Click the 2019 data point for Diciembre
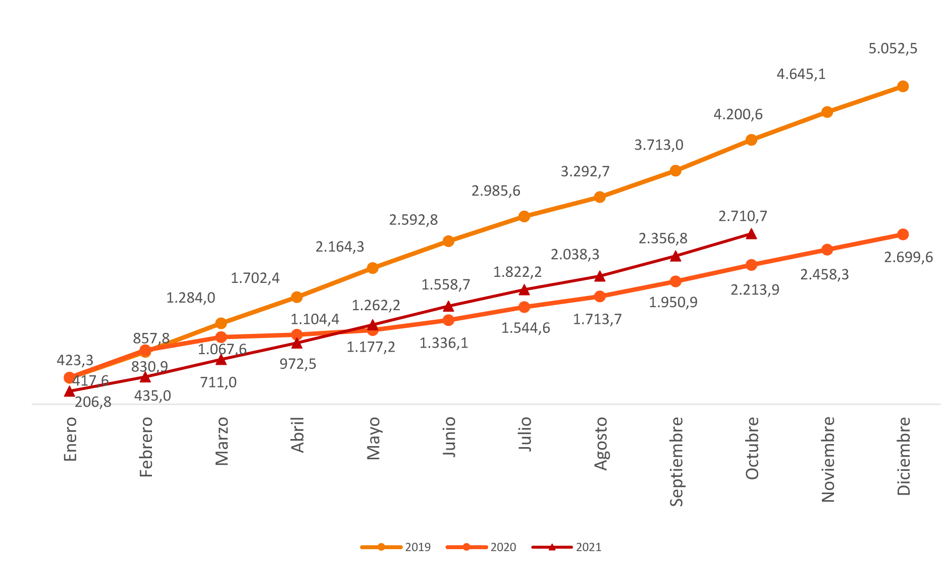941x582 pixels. (x=903, y=86)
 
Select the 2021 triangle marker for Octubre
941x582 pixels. (x=751, y=233)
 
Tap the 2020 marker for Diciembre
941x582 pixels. (x=903, y=234)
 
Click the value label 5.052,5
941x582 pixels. (x=893, y=49)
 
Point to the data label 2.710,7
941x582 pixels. (x=743, y=216)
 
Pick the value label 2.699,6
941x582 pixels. (x=908, y=258)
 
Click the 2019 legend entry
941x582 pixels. (x=396, y=547)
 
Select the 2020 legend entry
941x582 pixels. (x=482, y=547)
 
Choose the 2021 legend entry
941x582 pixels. (x=567, y=547)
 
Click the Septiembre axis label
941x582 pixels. (x=676, y=461)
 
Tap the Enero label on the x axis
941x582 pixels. (x=70, y=439)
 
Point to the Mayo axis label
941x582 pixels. (x=373, y=438)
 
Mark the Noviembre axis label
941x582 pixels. (x=828, y=459)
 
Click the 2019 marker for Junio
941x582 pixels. (x=448, y=241)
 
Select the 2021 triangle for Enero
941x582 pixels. (x=70, y=392)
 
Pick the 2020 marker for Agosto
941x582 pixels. (x=600, y=297)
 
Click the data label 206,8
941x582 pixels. (x=93, y=403)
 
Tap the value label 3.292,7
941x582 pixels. (x=585, y=172)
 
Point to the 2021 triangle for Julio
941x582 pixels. (x=524, y=290)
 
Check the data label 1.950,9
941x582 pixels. (x=673, y=303)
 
